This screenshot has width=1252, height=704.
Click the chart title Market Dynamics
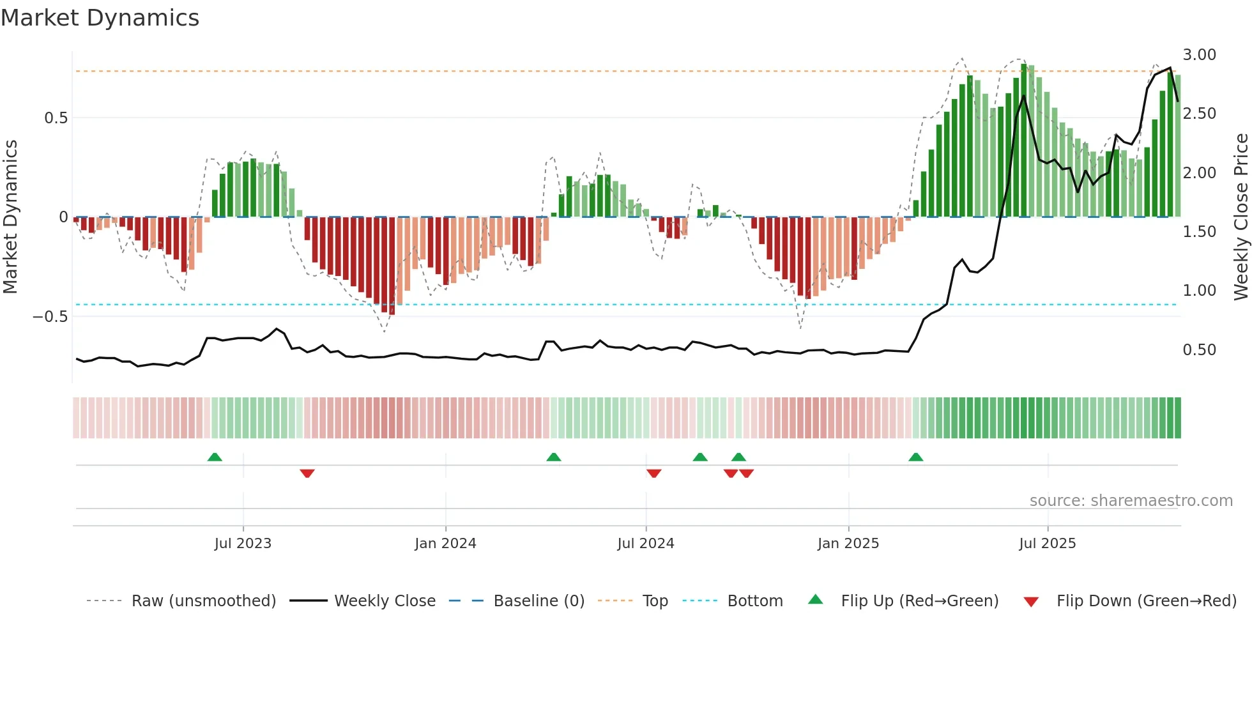tap(100, 18)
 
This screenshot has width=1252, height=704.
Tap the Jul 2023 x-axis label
tap(243, 544)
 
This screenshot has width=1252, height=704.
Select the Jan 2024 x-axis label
tap(445, 544)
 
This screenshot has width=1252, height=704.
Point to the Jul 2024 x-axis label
tap(646, 544)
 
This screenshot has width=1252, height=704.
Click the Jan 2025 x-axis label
tap(848, 544)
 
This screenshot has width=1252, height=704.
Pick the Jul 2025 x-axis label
tap(1048, 544)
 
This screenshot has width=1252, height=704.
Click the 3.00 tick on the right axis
tap(1199, 55)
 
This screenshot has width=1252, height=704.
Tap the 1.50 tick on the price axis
tap(1199, 232)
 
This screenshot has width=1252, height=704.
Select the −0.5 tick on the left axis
tap(50, 317)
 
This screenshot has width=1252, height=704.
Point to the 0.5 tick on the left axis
tap(56, 118)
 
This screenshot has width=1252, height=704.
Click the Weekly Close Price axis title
tap(1241, 217)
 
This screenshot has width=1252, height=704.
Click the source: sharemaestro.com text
tap(1131, 501)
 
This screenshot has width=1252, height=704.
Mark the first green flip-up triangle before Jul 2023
tap(215, 457)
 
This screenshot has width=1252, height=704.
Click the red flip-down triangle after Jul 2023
tap(307, 473)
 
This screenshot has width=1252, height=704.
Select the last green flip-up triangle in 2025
tap(915, 457)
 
